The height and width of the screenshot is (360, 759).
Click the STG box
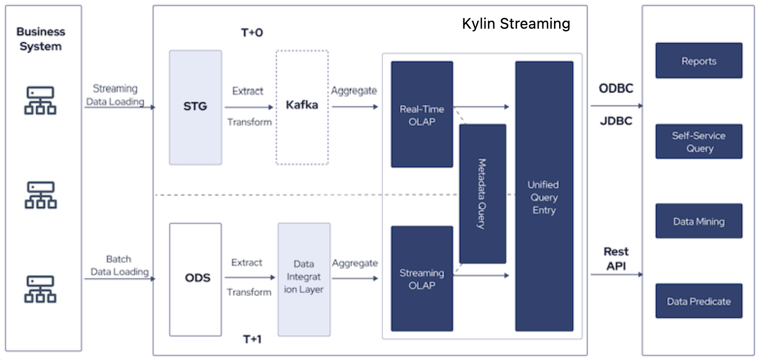coord(195,107)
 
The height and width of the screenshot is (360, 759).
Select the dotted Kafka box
coord(302,107)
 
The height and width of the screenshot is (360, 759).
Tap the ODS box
coord(195,279)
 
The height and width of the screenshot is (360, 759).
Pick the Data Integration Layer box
coord(304,279)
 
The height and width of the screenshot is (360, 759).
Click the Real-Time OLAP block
coord(422,114)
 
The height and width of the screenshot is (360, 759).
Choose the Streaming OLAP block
coord(422,279)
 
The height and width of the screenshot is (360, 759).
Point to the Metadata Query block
coord(482,193)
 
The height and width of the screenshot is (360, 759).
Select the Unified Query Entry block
coord(544,196)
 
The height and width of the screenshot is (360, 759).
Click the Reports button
coord(698,61)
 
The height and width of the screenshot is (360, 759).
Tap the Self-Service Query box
coord(698,142)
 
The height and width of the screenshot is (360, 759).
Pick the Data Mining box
coord(698,221)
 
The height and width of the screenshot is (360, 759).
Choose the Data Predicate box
coord(698,301)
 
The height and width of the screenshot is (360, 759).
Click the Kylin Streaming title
coord(516,24)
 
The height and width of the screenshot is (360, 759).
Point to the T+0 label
coord(252,32)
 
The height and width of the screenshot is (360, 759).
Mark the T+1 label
coord(252,339)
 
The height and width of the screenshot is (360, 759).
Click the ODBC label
coord(616,88)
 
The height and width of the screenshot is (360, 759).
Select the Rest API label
coord(616,259)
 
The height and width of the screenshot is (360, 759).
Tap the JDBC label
coord(616,121)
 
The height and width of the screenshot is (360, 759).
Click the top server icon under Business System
coord(40,100)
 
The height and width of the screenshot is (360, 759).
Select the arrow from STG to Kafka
coord(249,107)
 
